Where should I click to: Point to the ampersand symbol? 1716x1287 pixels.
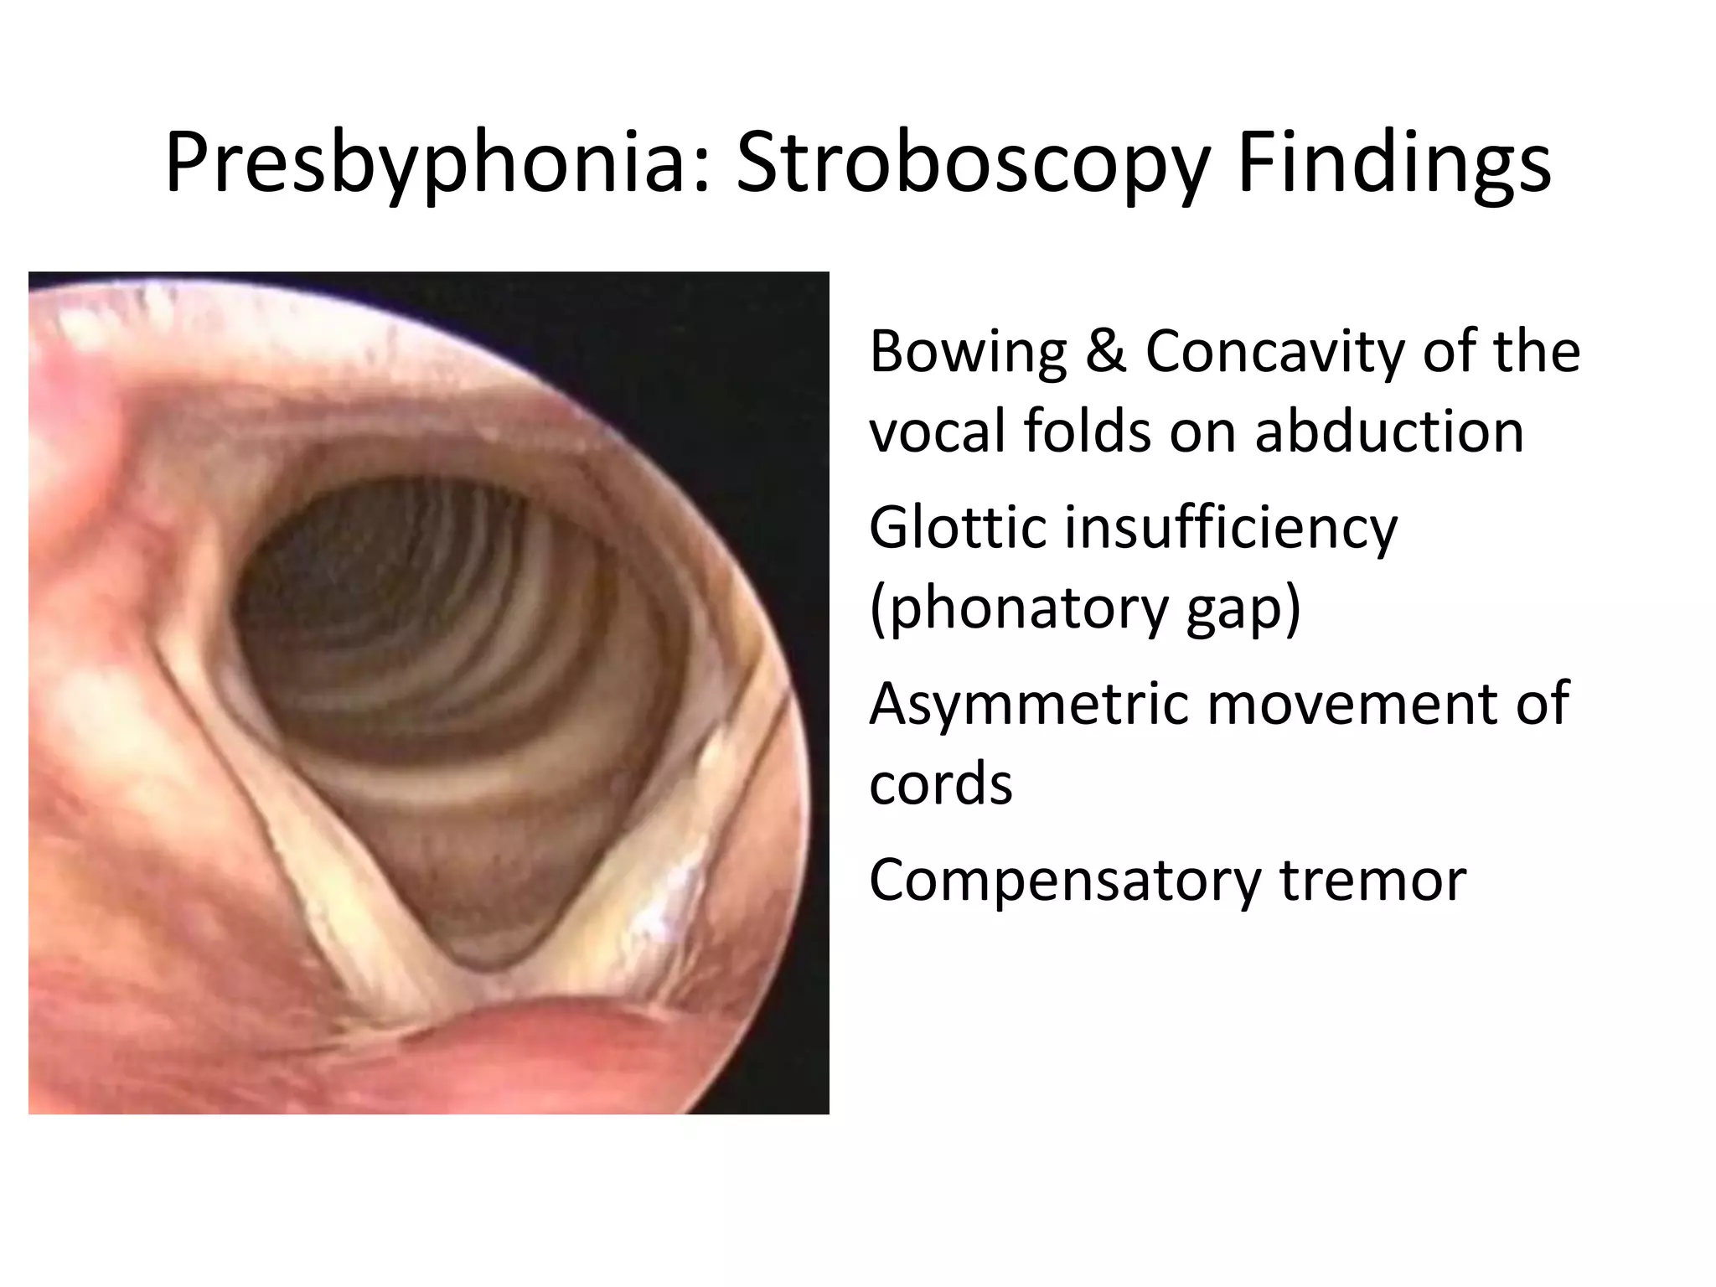click(x=1105, y=351)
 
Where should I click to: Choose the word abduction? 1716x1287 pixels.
click(x=1389, y=432)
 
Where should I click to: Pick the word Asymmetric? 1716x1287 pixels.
click(x=1027, y=704)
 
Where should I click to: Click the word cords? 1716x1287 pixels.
click(x=941, y=784)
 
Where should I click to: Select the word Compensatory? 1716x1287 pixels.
click(x=1064, y=880)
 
